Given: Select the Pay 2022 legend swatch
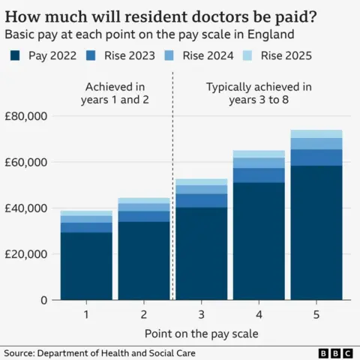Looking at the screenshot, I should click(15, 55).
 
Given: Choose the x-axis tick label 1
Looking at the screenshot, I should click(86, 313).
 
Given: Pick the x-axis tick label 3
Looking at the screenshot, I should click(202, 313).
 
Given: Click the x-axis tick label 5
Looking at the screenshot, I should click(316, 313).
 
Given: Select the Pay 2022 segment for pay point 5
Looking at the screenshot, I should click(316, 232).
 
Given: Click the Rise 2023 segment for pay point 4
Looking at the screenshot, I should click(259, 175).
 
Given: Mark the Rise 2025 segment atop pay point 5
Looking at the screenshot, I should click(316, 133).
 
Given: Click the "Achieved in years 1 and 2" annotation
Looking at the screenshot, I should click(115, 94).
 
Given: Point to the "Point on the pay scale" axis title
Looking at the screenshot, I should click(201, 332).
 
